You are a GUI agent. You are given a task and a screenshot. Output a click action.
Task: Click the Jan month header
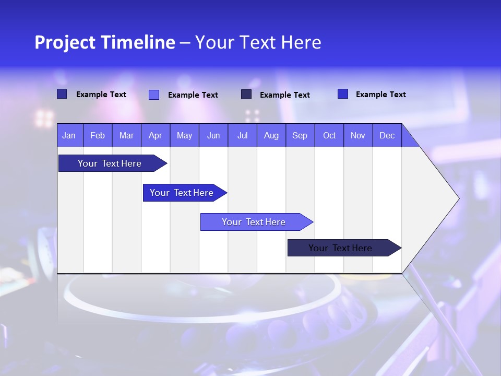[x=69, y=135]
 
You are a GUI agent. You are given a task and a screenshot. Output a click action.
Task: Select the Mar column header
[x=126, y=135]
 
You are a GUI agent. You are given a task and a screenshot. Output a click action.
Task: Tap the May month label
[x=184, y=135]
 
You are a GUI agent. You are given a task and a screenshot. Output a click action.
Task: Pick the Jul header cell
[x=242, y=135]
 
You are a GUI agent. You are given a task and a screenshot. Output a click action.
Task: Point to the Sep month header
[x=300, y=135]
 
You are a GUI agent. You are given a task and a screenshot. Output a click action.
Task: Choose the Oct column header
[x=329, y=135]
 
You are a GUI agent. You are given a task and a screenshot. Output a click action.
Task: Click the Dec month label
[x=387, y=135]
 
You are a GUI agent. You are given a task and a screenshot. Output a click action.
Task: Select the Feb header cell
[x=98, y=135]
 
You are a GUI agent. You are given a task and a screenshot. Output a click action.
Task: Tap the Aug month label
[x=271, y=135]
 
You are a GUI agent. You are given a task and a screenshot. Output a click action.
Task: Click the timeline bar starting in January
[x=110, y=163]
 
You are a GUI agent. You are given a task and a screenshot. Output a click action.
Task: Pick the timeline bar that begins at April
[x=182, y=193]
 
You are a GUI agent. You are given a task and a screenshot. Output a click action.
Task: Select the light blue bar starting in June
[x=254, y=222]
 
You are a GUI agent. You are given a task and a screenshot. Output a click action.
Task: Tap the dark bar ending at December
[x=340, y=248]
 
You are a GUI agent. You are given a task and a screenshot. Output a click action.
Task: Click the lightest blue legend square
[x=154, y=95]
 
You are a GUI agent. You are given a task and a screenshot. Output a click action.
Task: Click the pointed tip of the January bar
[x=165, y=163]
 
